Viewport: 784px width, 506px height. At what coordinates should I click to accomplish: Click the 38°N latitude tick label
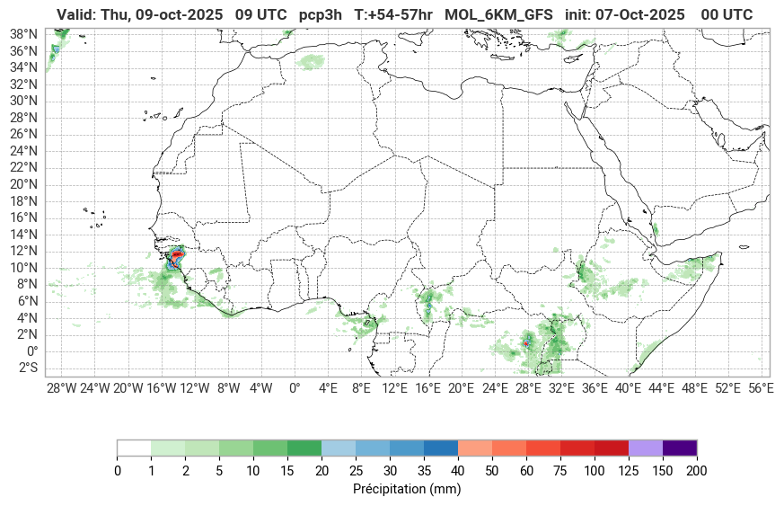pos(23,33)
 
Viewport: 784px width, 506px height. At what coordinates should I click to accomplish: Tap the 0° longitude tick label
pos(294,388)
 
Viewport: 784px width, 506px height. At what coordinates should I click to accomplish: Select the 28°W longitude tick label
pos(61,388)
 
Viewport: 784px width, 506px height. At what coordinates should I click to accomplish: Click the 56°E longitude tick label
pos(761,388)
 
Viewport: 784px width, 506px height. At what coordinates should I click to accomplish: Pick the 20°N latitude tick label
pos(23,184)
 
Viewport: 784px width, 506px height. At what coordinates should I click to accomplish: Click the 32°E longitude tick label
pos(561,388)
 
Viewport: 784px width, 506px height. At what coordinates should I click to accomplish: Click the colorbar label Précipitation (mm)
pos(407,490)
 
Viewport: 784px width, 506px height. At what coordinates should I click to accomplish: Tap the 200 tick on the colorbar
pos(696,471)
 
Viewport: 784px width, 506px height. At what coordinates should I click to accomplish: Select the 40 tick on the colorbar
pos(458,471)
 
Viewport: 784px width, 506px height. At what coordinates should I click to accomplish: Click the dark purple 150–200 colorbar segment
pos(679,448)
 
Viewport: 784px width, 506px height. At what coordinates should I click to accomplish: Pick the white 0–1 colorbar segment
pos(134,448)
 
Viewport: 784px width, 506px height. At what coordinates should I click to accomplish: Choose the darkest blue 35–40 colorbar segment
pos(440,448)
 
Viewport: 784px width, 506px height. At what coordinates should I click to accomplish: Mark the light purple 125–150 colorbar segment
pos(645,448)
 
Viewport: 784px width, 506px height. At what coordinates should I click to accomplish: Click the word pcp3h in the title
pos(318,14)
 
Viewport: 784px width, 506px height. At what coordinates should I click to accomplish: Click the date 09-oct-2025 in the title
pos(179,14)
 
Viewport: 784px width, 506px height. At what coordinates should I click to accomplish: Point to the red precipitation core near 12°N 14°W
pos(178,255)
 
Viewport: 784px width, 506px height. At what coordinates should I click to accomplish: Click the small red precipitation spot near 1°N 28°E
pos(525,343)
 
